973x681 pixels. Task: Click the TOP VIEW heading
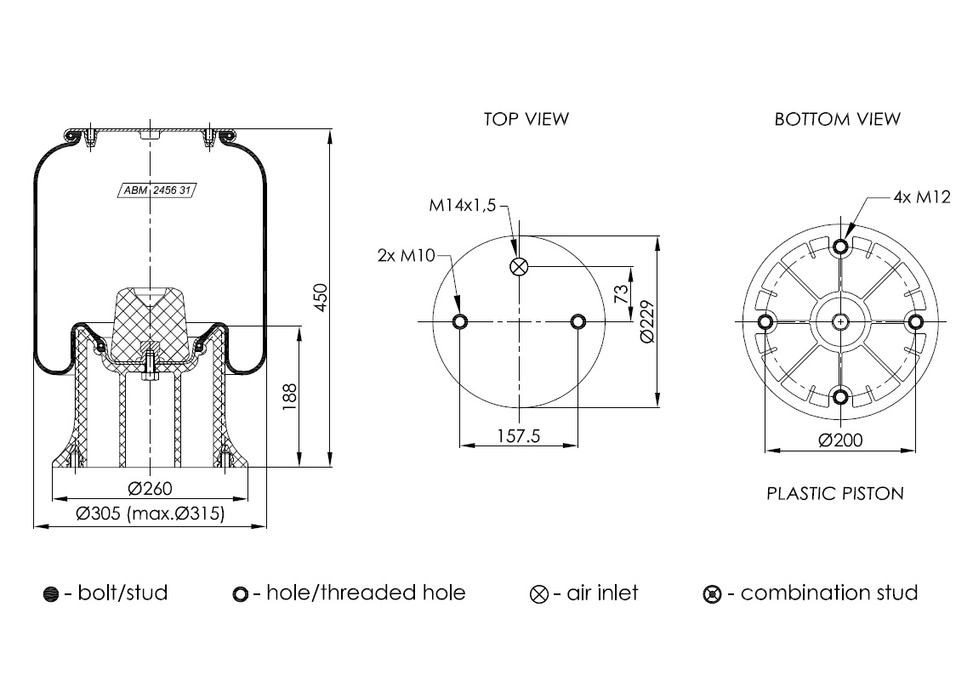pos(526,119)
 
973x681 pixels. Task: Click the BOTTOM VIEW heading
pos(837,119)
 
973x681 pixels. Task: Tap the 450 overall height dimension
pos(321,298)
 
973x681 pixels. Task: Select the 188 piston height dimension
pos(289,396)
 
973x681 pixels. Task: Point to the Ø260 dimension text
pos(151,489)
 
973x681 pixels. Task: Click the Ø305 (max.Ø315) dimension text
pos(150,514)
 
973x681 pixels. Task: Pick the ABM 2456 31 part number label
pos(156,190)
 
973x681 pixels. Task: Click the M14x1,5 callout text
pos(462,206)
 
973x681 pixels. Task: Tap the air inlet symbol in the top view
pos(519,268)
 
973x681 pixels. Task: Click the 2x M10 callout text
pos(404,254)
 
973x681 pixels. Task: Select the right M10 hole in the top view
pos(578,322)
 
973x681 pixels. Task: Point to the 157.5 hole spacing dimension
pos(519,436)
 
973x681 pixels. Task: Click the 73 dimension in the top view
pos(621,294)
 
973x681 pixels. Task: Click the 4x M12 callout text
pos(921,197)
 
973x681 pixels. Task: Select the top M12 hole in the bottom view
pos(841,247)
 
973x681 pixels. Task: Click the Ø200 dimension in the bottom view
pos(840,440)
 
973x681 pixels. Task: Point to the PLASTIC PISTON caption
pos(835,493)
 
